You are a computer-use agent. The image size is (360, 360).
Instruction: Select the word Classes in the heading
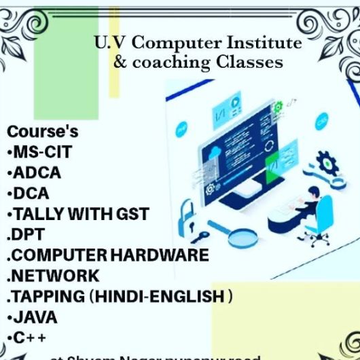tap(249, 62)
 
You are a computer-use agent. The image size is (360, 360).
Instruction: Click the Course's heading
tap(42, 131)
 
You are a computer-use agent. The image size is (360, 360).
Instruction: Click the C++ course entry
tap(27, 338)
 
